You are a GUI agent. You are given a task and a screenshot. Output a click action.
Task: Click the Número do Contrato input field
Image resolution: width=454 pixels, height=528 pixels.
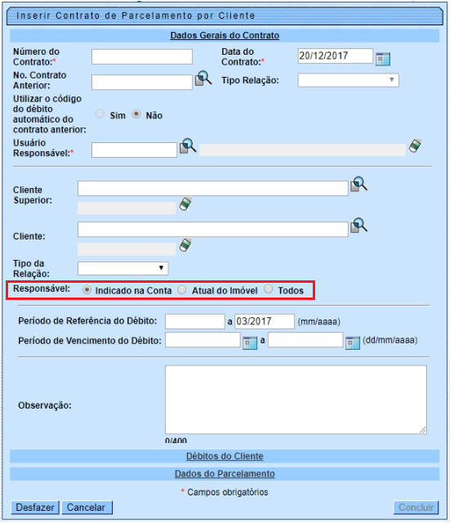coord(142,57)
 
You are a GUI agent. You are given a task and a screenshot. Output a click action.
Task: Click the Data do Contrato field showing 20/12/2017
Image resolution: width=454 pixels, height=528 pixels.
coord(335,56)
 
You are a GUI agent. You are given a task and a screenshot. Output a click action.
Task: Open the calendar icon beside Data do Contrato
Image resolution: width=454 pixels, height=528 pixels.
coord(383,58)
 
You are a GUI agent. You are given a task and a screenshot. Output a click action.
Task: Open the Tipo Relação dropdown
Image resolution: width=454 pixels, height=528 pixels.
coord(348,80)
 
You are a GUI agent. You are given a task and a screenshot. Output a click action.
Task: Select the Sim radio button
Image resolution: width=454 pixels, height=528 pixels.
coord(100,115)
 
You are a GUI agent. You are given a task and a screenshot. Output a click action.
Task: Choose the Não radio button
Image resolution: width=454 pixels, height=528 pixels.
coord(136,115)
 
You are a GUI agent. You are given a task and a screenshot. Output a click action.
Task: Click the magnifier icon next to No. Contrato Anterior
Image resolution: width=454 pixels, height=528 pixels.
coord(203,79)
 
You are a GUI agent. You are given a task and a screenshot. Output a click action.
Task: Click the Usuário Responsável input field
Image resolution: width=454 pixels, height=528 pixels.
coord(135,150)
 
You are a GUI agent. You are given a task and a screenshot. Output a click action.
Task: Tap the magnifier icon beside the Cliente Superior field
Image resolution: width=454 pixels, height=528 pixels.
coord(359,185)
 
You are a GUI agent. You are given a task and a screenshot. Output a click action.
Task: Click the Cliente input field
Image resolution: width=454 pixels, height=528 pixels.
coord(213,229)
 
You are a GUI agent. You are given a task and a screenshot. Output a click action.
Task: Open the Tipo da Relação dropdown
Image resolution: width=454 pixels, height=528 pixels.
coord(122,268)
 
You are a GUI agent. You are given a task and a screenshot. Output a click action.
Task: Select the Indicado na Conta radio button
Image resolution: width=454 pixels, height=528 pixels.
coord(87,290)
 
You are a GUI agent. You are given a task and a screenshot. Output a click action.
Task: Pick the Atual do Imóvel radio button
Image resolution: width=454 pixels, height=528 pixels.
coord(182,290)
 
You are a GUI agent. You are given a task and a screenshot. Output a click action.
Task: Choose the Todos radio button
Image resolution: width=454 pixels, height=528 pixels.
coord(268,290)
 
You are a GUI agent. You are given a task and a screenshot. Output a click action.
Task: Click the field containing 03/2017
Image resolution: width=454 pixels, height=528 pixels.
coord(265,321)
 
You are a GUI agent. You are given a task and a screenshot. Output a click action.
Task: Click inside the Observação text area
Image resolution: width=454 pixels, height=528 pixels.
coord(296,399)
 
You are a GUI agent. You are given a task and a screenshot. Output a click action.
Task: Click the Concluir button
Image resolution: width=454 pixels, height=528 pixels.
coord(416,508)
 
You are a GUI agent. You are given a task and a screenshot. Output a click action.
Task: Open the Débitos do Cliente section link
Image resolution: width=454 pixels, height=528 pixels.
coord(225,457)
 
